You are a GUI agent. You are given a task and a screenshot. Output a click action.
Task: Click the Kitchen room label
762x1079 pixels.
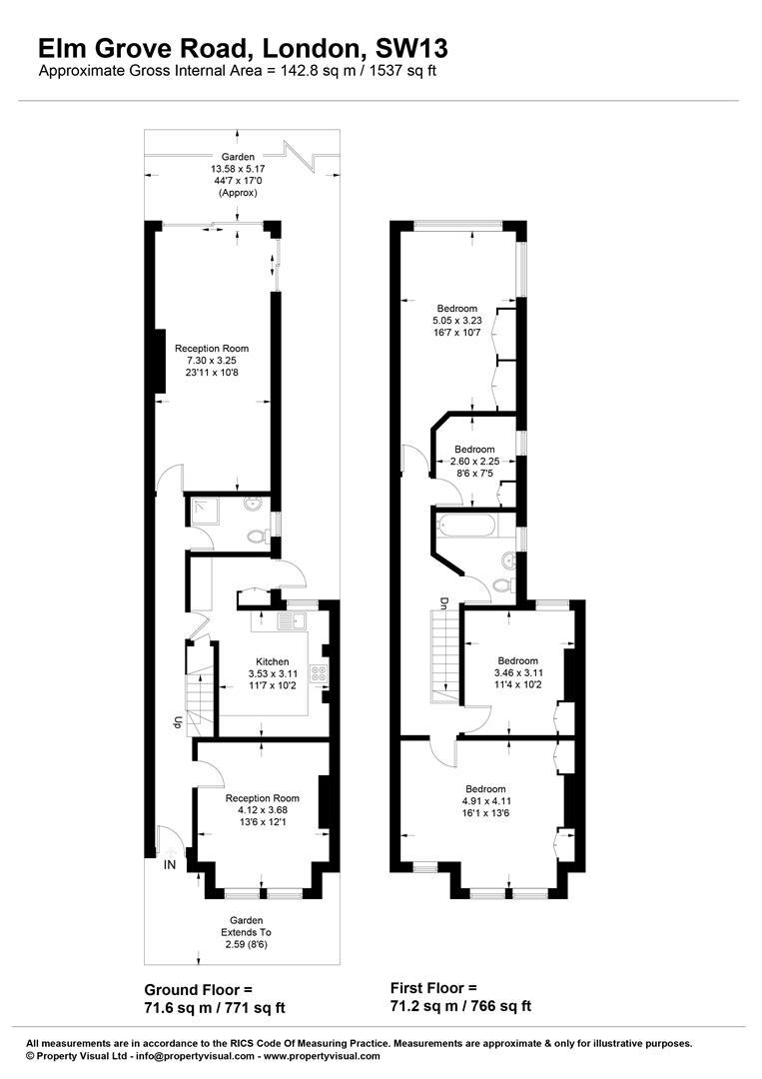[273, 661]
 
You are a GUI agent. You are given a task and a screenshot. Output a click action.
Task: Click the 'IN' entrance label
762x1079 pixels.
[170, 863]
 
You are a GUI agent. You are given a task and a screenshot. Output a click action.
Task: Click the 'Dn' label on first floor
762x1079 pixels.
[443, 603]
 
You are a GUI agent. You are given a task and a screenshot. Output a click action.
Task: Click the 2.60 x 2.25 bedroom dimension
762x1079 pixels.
[474, 462]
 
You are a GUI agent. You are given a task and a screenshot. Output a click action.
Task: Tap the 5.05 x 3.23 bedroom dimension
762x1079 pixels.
[457, 321]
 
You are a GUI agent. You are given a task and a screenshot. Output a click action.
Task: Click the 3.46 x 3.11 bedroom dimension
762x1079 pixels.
[518, 673]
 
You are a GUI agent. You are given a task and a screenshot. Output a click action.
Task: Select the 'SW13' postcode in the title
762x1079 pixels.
[411, 47]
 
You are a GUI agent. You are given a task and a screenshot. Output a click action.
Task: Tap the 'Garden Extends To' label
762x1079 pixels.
[246, 932]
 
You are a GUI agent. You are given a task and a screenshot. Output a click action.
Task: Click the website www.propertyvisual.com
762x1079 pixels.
[323, 1055]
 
